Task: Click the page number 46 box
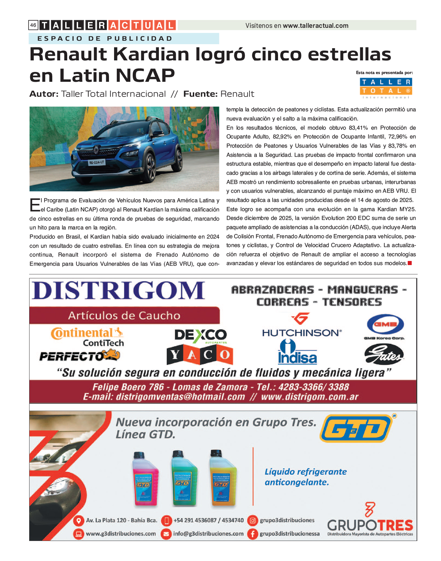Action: click(33, 25)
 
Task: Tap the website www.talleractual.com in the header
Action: click(315, 26)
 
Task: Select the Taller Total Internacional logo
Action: click(386, 88)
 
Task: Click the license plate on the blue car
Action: click(97, 163)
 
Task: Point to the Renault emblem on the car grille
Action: click(96, 149)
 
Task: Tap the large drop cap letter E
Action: click(35, 205)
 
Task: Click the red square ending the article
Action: click(410, 263)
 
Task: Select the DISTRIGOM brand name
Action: click(118, 291)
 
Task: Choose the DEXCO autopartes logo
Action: click(200, 336)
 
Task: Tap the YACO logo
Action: click(200, 355)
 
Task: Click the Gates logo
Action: click(384, 354)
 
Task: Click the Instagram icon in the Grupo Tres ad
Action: click(252, 520)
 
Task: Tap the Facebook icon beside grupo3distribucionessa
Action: click(252, 534)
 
